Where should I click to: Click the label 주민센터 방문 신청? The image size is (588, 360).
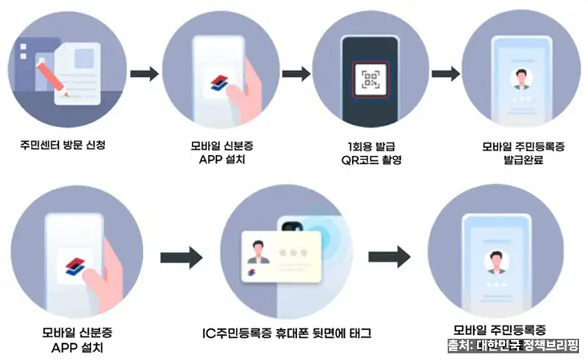63,145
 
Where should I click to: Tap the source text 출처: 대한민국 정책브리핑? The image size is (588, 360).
513,345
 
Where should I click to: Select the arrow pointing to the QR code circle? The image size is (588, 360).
296,73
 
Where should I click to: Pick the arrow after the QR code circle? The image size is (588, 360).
445,73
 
